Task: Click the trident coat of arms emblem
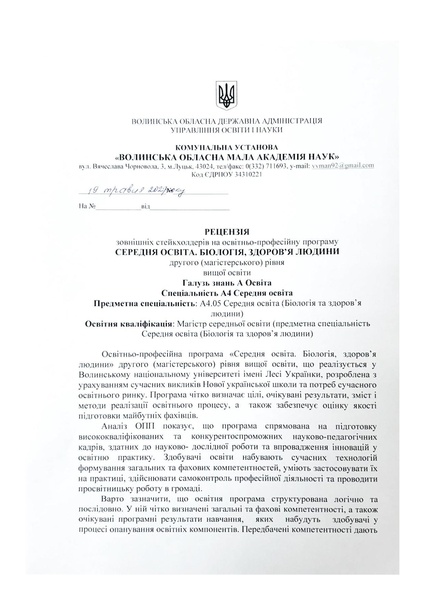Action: pyautogui.click(x=212, y=97)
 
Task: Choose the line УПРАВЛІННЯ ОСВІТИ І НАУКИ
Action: pyautogui.click(x=212, y=130)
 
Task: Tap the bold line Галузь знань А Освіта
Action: pyautogui.click(x=212, y=278)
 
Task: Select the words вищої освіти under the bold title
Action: pyautogui.click(x=212, y=268)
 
